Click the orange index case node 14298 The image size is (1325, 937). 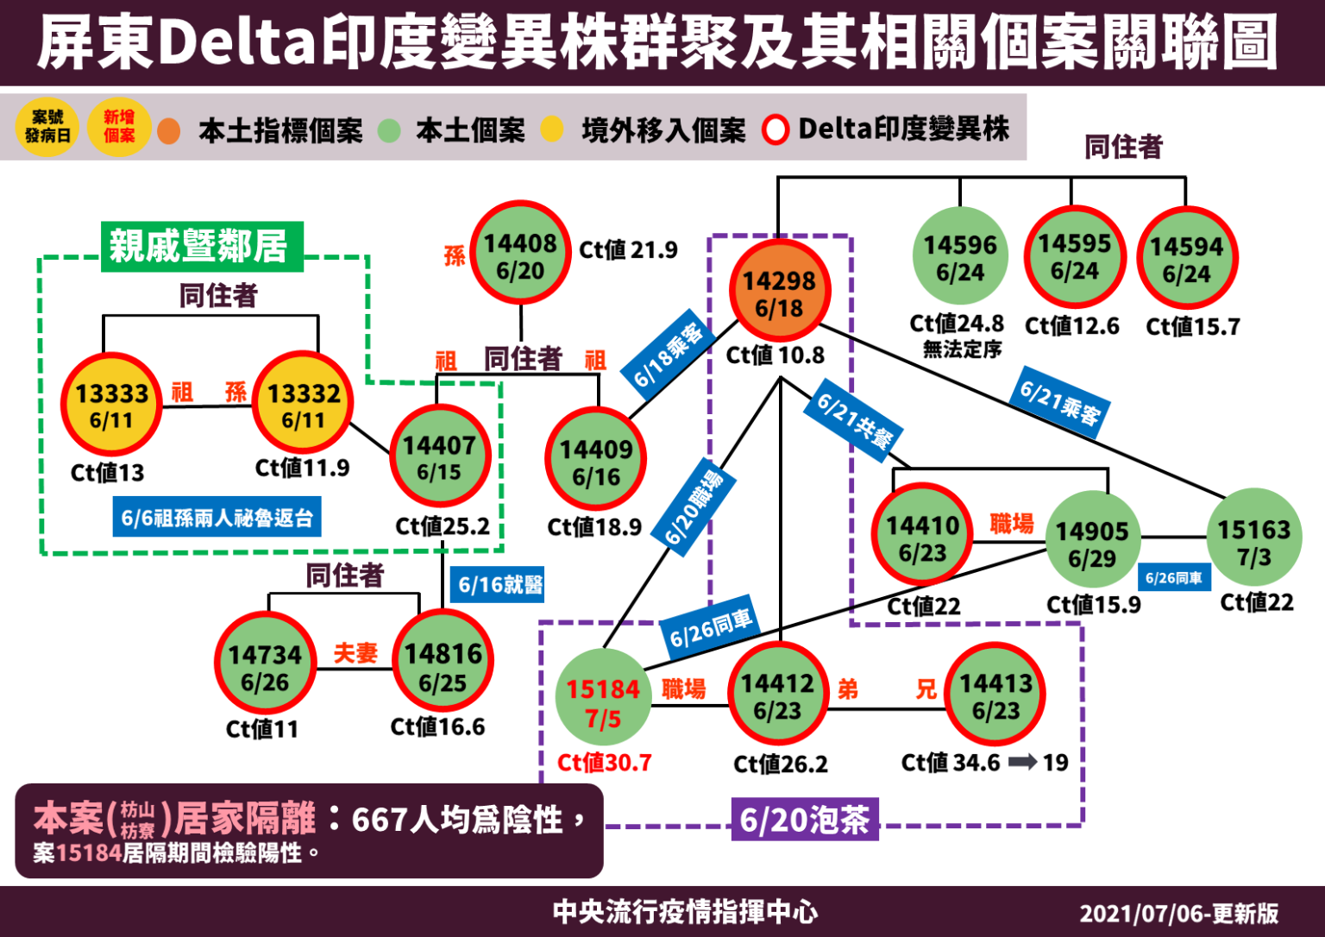779,292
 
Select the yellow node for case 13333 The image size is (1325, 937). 111,406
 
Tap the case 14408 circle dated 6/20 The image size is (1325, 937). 520,255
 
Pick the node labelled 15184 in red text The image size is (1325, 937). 603,701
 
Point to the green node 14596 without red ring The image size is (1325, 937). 959,257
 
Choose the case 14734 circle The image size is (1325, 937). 265,667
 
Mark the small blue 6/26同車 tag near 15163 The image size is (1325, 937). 1173,578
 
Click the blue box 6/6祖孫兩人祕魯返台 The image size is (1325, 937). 217,518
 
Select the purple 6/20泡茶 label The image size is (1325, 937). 804,819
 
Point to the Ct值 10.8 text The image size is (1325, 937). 775,355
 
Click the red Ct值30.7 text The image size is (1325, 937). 604,763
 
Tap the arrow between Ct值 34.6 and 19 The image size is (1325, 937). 1023,762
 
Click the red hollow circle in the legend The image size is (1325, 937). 775,130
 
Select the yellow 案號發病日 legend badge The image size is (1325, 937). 47,128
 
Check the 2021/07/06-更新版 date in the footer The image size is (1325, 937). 1178,913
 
